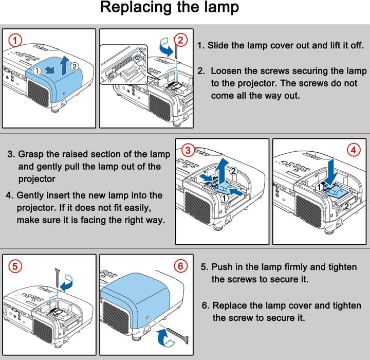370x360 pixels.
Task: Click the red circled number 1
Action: (x=16, y=40)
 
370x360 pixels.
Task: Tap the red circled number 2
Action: (x=180, y=39)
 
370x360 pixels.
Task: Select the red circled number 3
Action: (x=188, y=150)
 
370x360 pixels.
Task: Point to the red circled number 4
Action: (x=353, y=150)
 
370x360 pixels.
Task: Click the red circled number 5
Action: (x=16, y=266)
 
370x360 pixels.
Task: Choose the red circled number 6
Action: (x=180, y=266)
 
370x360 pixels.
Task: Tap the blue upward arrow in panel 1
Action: (x=62, y=66)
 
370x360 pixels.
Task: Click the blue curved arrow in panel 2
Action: (x=167, y=47)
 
